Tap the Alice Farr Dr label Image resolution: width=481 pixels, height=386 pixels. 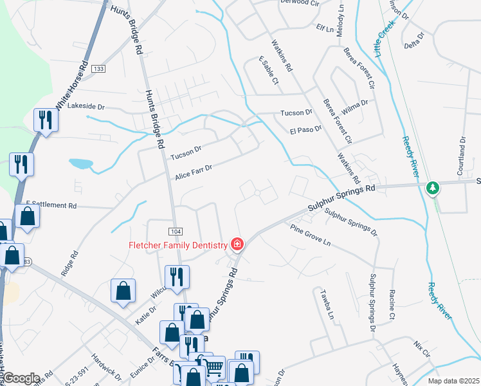193,172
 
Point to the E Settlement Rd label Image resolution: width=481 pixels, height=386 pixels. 51,205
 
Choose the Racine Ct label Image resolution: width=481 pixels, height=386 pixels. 392,304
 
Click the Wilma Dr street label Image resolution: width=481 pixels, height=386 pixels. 355,106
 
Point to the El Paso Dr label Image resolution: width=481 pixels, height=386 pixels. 305,129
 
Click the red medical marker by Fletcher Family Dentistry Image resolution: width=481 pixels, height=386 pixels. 237,244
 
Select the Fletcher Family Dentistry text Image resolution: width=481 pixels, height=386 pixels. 178,244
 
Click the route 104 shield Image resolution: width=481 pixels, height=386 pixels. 176,231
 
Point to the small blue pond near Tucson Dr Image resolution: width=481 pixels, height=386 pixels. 80,163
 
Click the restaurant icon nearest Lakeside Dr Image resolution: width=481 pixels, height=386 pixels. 46,120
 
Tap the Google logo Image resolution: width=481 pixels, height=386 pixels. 21,378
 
